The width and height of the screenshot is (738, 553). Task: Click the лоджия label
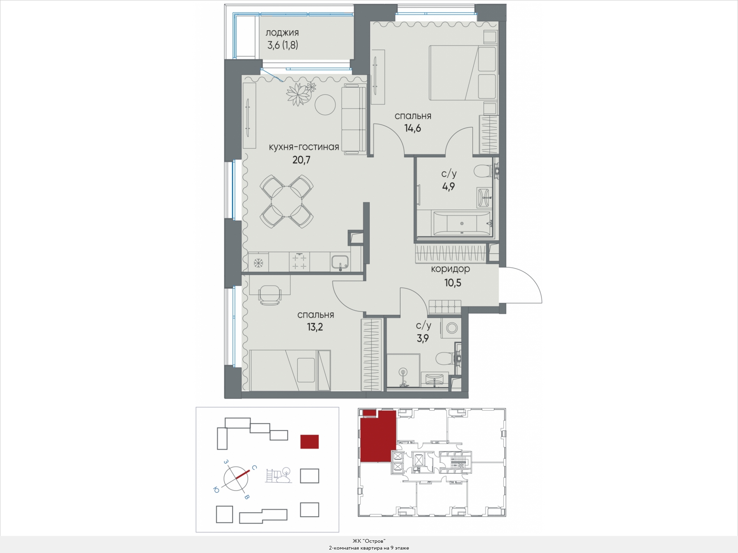pos(282,33)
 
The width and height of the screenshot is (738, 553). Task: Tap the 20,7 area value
pos(301,160)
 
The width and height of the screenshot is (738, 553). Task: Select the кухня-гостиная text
pos(304,147)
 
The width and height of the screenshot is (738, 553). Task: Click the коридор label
pos(450,269)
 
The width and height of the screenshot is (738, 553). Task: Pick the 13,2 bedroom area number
pos(315,327)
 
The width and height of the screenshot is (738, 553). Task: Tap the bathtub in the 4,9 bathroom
pos(462,223)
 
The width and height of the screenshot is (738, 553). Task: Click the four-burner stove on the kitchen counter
pos(300,262)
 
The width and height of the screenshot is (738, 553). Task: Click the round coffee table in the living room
pos(325,105)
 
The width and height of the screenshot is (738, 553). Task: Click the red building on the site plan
pos(310,441)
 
